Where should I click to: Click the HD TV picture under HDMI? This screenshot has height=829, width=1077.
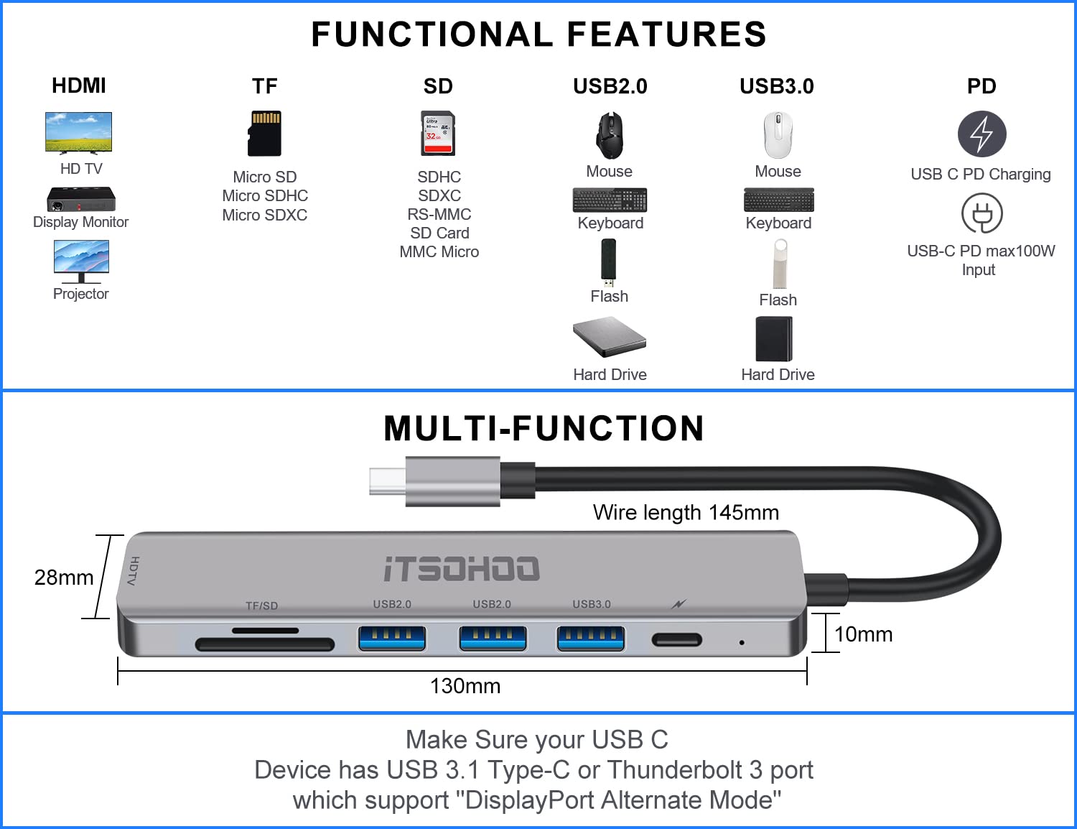[78, 132]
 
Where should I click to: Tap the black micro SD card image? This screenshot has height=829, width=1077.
[264, 134]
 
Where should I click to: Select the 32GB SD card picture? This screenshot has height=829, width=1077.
[438, 134]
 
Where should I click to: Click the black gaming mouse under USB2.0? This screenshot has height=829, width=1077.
[610, 135]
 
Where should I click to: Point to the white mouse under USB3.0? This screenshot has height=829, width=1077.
[778, 135]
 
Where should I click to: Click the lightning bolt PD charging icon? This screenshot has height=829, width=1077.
[982, 134]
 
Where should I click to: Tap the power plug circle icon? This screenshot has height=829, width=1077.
[982, 214]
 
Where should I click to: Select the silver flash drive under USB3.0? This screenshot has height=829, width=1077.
[780, 264]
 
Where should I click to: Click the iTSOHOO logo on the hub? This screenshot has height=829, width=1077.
[462, 569]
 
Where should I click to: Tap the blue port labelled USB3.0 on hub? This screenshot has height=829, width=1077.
[591, 638]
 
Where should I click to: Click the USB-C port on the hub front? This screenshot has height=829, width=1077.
[676, 639]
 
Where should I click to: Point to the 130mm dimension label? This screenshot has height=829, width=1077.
[465, 686]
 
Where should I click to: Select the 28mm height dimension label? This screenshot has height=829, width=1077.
[64, 578]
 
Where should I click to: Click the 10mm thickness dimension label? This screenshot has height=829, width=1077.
[863, 634]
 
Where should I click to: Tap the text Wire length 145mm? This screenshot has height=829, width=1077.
[686, 512]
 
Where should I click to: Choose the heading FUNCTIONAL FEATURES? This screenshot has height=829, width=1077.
[538, 34]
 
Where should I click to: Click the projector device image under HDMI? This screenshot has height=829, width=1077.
[81, 199]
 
